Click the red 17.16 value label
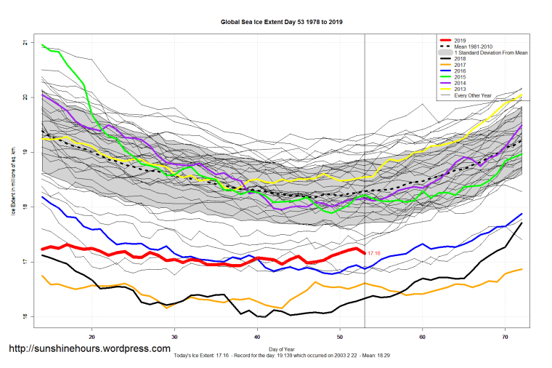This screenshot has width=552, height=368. point(375,253)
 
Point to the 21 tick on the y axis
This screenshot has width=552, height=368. point(26,43)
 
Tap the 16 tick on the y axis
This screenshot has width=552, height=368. point(26,316)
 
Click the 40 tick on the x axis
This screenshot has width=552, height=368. point(258,337)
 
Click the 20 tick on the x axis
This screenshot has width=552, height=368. point(92,337)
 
